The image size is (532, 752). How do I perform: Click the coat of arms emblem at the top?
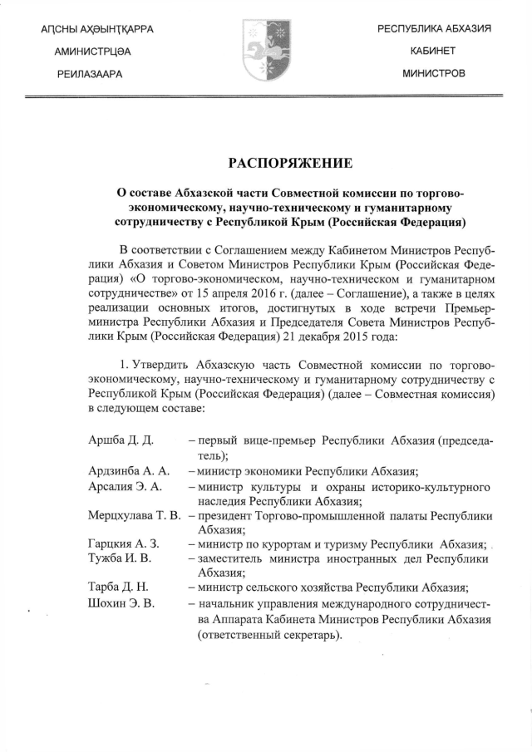pyautogui.click(x=265, y=51)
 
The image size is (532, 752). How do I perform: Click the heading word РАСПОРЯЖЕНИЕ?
pyautogui.click(x=265, y=160)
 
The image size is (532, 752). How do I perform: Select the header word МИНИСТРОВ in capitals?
pyautogui.click(x=433, y=74)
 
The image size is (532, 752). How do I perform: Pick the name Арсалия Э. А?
pyautogui.click(x=124, y=486)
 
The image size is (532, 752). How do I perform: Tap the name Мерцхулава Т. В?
pyautogui.click(x=134, y=517)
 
